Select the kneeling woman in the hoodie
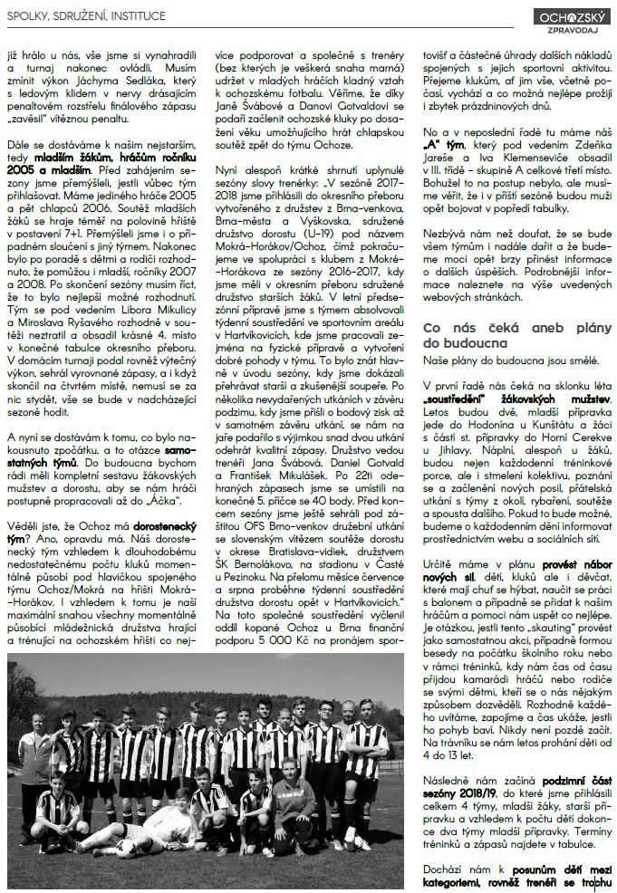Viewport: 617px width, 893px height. (289, 797)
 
